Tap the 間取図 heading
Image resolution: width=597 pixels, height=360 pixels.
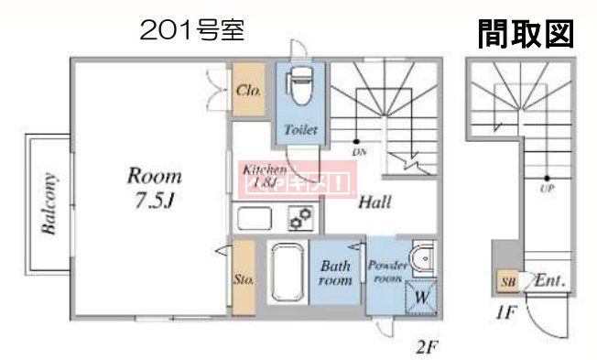[525, 34]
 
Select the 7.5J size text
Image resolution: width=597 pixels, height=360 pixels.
[151, 200]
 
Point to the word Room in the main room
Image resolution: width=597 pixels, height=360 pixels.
[153, 175]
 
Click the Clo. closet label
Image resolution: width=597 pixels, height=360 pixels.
[248, 91]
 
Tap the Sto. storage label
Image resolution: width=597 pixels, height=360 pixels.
[244, 278]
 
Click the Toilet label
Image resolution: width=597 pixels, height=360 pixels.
[300, 130]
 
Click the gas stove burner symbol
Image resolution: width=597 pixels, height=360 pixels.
[300, 218]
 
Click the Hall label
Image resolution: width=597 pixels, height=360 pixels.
[375, 202]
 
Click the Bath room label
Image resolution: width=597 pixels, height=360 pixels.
[335, 274]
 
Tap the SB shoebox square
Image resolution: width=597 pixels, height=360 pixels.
[507, 280]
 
